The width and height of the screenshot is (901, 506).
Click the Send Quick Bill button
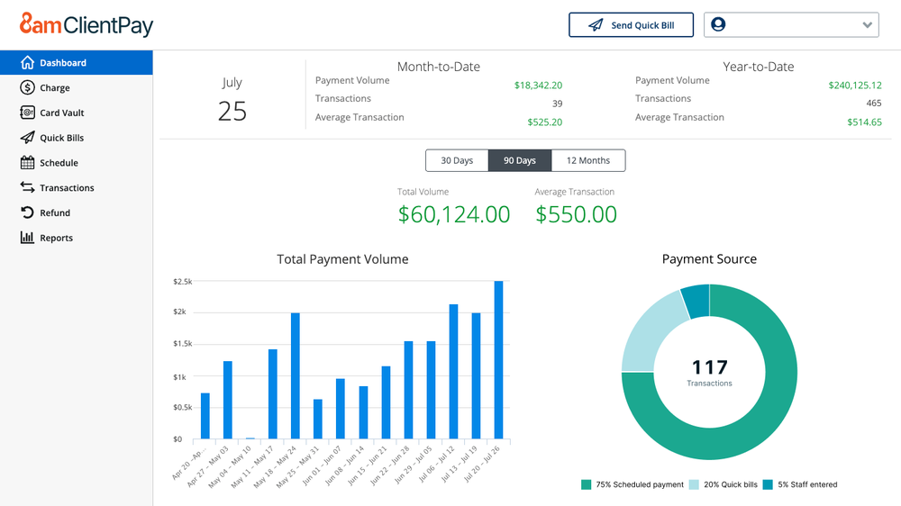631,25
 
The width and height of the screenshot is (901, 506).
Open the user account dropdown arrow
868,25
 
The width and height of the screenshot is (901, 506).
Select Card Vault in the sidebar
61,113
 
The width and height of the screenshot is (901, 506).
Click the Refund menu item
54,213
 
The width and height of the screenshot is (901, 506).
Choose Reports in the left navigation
56,239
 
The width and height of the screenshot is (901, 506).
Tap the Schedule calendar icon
27,163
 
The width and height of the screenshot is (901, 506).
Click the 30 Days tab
457,161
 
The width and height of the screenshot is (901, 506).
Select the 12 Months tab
587,161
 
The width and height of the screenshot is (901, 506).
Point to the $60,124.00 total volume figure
454,214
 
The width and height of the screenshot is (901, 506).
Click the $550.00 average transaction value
576,214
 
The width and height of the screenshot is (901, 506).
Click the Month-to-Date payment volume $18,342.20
538,86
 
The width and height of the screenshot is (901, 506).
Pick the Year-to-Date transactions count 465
873,104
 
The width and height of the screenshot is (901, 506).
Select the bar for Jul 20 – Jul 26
498,360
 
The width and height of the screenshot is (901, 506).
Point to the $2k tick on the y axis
180,312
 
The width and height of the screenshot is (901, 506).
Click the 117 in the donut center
709,367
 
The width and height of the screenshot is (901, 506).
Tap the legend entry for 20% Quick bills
724,485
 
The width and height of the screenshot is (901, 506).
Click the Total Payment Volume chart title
342,259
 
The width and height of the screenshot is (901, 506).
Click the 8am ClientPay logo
86,25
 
